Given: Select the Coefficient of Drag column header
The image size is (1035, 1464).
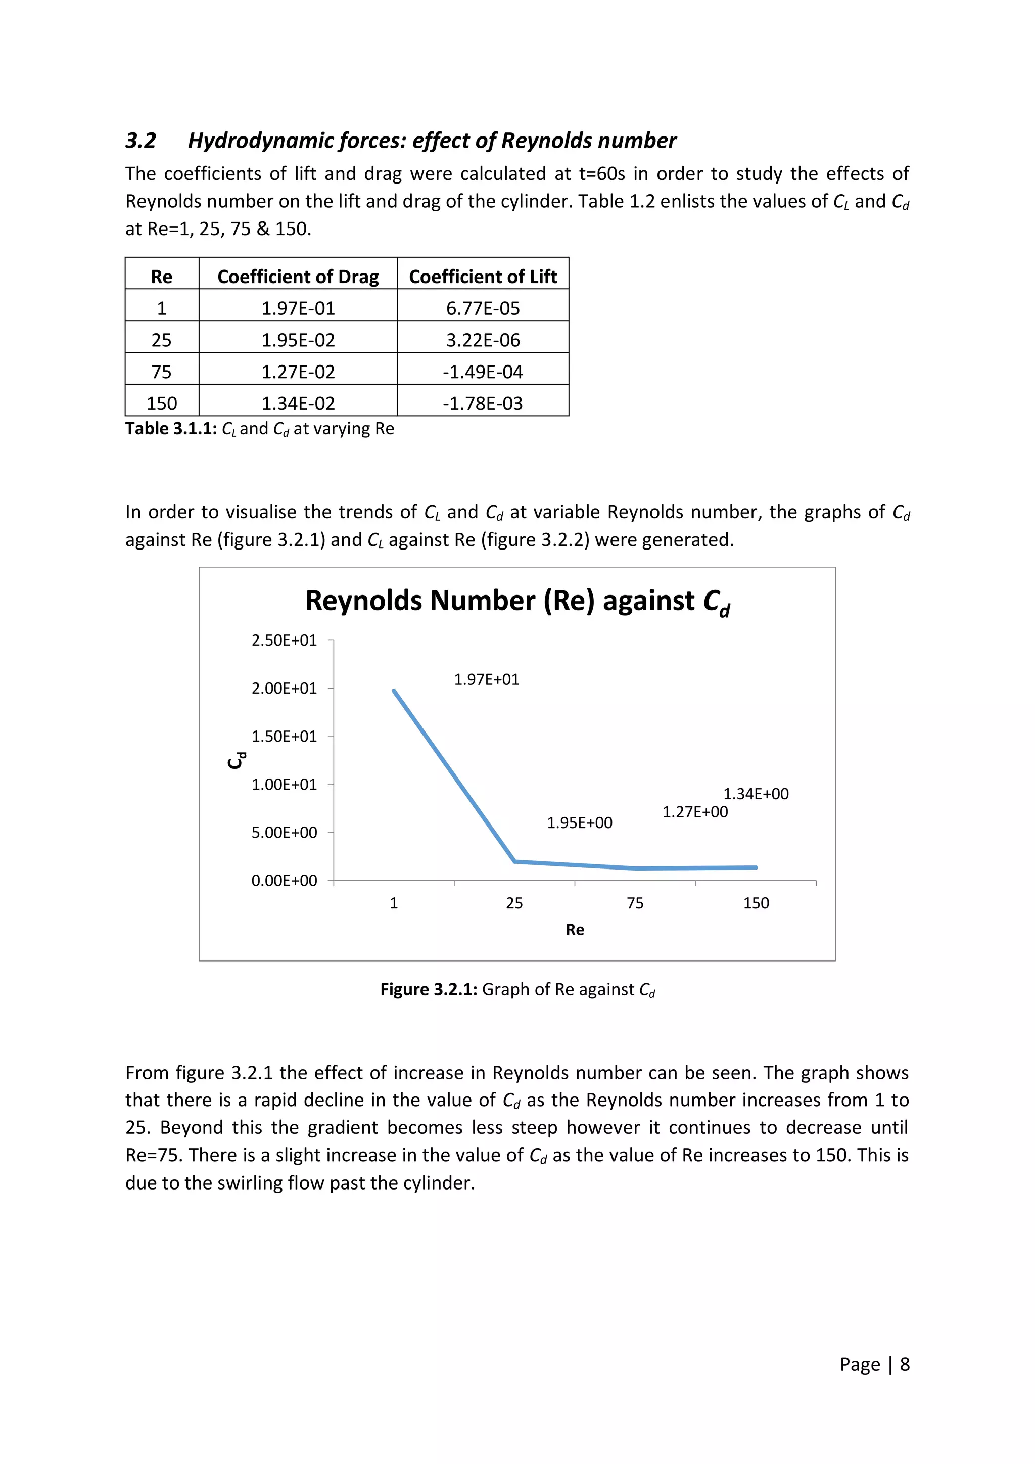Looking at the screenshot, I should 298,276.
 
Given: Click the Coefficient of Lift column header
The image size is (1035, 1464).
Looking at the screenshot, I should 483,276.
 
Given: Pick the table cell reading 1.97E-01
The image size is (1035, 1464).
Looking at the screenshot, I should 298,308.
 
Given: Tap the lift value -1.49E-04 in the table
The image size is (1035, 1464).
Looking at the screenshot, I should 483,372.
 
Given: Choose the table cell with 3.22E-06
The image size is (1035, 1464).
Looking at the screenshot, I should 483,340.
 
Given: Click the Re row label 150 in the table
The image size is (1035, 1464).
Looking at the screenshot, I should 161,403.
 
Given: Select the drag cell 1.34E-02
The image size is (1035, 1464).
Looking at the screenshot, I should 298,403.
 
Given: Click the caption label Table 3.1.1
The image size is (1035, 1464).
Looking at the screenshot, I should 171,429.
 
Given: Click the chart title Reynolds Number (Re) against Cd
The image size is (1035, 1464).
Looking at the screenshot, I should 517,601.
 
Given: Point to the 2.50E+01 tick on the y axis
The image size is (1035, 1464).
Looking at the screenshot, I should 284,640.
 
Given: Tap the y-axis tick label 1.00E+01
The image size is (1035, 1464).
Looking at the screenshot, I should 284,784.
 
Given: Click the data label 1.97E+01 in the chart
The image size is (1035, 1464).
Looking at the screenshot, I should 486,680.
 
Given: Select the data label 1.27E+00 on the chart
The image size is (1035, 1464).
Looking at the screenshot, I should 695,812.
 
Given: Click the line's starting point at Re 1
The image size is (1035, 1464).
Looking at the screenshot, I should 394,691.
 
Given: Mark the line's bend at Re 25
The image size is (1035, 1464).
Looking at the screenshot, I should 515,861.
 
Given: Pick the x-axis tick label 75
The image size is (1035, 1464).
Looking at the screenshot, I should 635,903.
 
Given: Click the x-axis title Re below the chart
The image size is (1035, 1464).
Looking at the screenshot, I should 574,930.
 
